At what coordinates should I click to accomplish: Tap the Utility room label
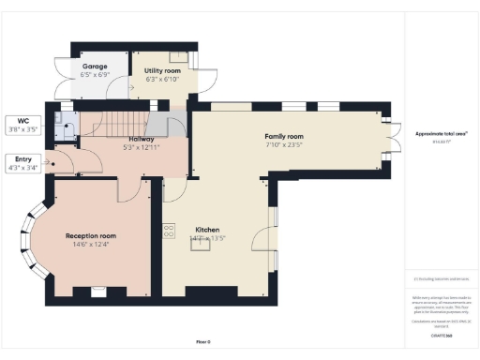(162, 70)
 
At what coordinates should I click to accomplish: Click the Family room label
(283, 137)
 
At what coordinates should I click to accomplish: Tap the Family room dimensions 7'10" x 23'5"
(283, 145)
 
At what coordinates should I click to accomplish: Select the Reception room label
(90, 235)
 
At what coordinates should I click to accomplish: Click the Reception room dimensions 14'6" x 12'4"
(90, 244)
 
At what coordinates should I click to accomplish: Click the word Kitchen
(207, 230)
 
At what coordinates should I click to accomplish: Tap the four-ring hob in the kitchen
(170, 230)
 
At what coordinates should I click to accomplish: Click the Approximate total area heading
(441, 133)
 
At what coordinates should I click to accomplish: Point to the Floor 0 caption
(203, 342)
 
